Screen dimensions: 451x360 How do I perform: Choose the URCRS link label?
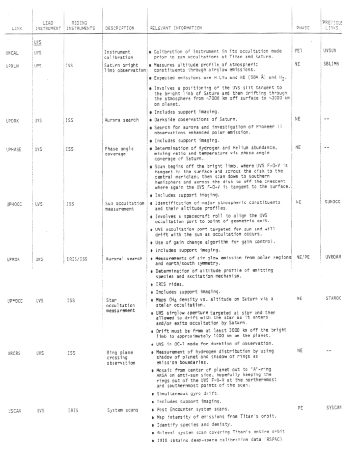pyautogui.click(x=13, y=352)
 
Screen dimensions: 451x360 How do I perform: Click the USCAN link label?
pyautogui.click(x=13, y=410)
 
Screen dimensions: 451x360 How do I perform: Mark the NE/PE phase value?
pyautogui.click(x=303, y=257)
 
